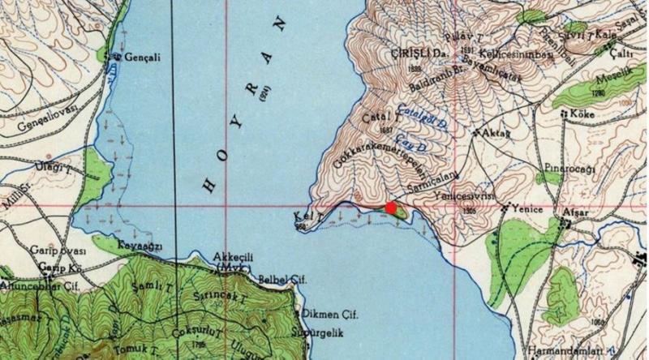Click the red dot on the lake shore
coord(391,208)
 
